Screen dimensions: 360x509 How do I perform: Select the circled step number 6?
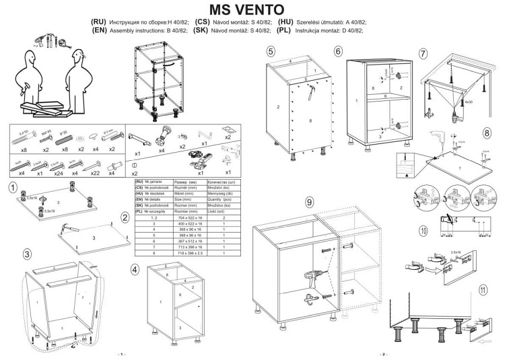[338, 51]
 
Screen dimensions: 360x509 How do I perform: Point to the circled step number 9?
[309, 202]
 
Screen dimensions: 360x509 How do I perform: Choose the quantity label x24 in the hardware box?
[59, 174]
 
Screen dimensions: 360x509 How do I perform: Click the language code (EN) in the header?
[99, 30]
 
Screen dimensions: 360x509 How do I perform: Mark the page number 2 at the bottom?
[382, 354]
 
